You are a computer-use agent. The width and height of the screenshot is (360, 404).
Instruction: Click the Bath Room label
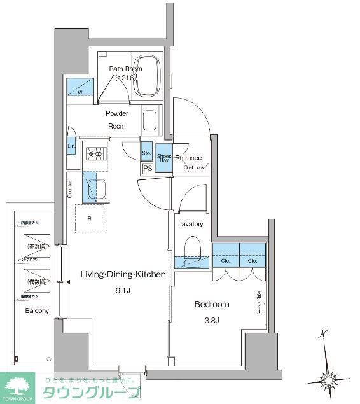125,69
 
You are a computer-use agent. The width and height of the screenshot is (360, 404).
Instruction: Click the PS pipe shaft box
148,169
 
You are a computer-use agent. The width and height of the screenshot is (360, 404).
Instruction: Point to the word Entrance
188,158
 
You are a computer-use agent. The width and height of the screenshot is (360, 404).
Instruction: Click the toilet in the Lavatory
190,249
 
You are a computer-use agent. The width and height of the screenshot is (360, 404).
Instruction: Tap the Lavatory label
190,224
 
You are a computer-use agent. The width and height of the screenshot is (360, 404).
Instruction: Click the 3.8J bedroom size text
211,320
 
